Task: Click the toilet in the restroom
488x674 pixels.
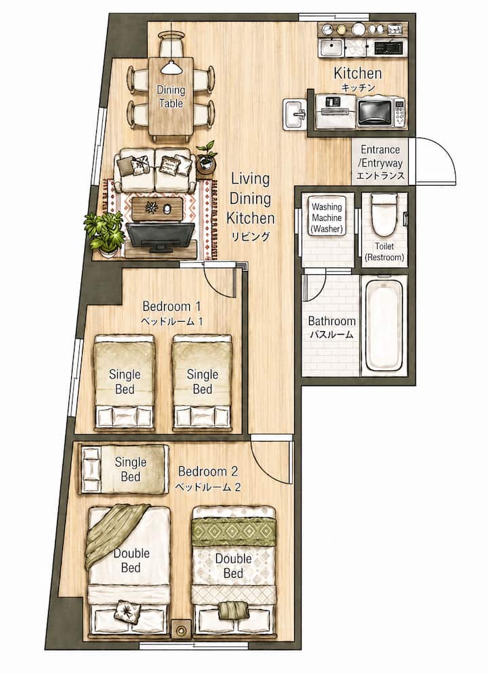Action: [384, 215]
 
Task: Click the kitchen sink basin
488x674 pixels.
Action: [331, 47]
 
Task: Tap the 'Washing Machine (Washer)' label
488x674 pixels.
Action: [327, 217]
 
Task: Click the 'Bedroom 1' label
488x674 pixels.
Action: [171, 306]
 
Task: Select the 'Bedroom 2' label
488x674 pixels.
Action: [207, 471]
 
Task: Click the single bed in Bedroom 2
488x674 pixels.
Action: [123, 469]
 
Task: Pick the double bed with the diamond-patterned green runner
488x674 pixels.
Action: [233, 570]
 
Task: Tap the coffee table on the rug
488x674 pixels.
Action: [156, 209]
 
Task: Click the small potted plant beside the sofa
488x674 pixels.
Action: [206, 157]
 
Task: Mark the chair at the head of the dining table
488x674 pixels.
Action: [171, 45]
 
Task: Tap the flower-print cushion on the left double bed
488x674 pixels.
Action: [127, 611]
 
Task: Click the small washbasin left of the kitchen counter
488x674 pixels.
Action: [294, 114]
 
